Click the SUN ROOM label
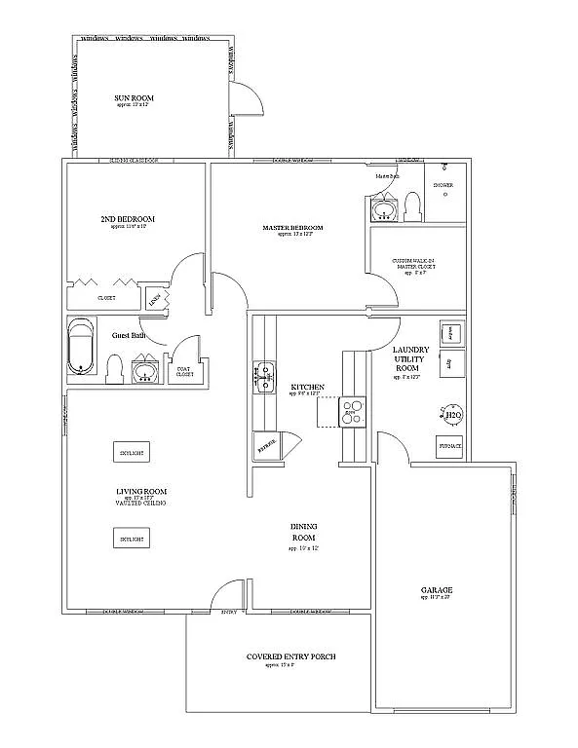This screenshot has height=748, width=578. click(x=135, y=98)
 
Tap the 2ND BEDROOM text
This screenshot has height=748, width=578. click(x=128, y=219)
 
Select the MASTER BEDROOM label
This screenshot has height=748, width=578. click(x=292, y=228)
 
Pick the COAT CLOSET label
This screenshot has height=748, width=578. click(x=184, y=370)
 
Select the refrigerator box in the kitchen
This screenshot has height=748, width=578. click(x=265, y=444)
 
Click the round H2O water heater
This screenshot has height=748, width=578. click(x=451, y=418)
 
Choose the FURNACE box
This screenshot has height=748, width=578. click(x=449, y=446)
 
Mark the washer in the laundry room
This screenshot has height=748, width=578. click(x=450, y=332)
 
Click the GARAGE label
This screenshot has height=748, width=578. click(x=437, y=590)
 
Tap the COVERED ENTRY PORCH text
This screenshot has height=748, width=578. click(x=291, y=656)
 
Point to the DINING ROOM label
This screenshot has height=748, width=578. click(x=304, y=532)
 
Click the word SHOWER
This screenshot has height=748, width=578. click(x=456, y=184)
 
